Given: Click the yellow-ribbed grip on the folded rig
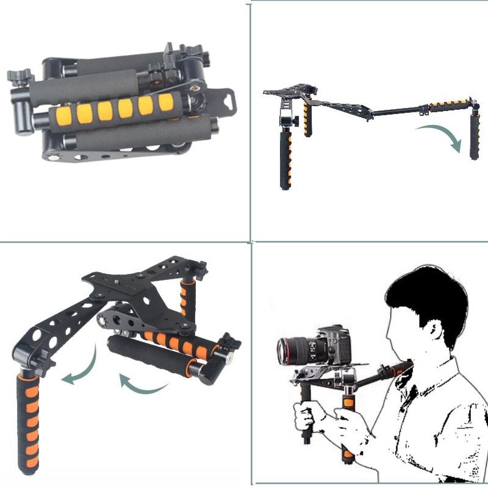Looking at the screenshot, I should click(116, 110).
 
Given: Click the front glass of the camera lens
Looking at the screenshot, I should click(284, 351).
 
